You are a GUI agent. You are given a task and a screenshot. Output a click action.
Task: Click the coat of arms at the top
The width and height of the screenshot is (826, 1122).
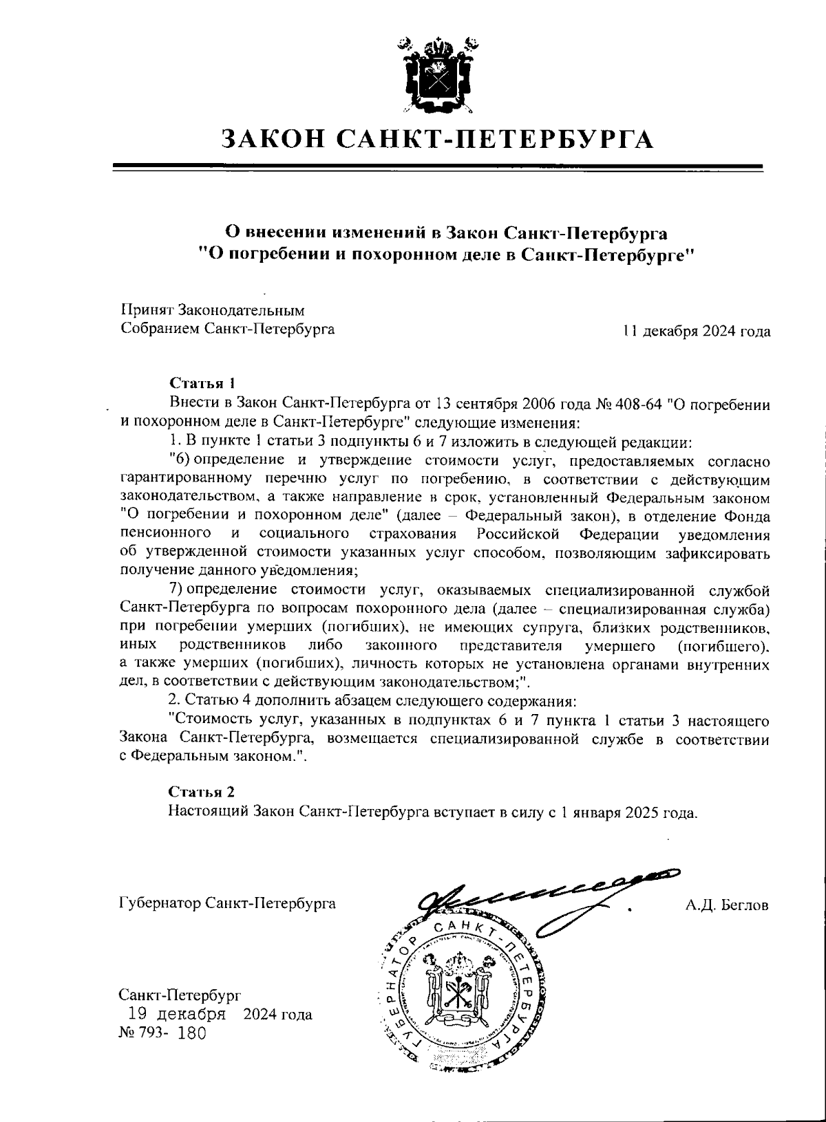tap(438, 75)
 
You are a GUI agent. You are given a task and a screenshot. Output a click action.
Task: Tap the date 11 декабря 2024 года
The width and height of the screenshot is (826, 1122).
tap(696, 331)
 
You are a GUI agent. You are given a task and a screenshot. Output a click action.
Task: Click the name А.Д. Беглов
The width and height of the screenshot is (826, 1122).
tap(727, 905)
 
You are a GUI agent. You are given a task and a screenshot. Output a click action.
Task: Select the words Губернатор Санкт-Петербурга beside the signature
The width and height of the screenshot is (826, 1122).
tap(227, 903)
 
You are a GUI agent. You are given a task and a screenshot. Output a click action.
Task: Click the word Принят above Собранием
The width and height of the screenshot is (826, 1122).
tap(147, 310)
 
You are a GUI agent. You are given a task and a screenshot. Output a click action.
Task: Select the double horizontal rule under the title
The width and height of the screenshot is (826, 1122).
tap(438, 167)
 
